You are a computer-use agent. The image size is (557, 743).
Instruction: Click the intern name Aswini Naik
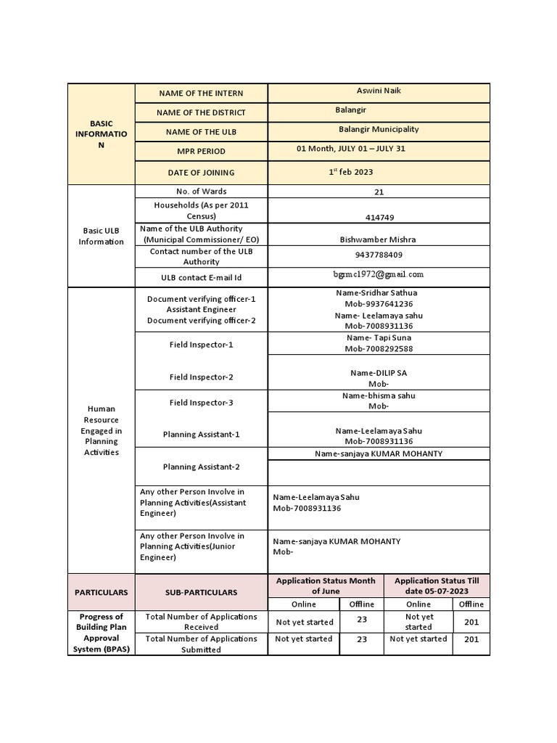click(379, 91)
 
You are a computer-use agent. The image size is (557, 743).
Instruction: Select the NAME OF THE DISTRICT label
click(201, 112)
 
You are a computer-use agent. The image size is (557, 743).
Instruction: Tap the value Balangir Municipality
click(379, 129)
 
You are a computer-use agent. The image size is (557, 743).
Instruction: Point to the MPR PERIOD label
click(201, 152)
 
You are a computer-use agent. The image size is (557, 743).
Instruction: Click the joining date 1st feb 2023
click(351, 172)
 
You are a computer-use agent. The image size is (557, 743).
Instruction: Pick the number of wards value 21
click(379, 192)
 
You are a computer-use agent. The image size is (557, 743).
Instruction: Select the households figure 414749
click(379, 218)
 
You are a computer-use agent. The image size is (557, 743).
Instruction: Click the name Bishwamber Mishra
click(378, 239)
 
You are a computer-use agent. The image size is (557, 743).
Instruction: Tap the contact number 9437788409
click(379, 255)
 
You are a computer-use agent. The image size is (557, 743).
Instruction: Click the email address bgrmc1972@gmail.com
click(379, 274)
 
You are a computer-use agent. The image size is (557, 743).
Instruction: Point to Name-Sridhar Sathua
click(376, 292)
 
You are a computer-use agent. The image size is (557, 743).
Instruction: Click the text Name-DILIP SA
click(379, 372)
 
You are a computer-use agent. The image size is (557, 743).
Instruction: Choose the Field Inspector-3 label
click(201, 403)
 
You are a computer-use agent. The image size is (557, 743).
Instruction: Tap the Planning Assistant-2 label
click(201, 467)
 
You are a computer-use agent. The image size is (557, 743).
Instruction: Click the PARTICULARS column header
click(101, 592)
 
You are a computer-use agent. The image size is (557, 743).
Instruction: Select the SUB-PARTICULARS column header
click(201, 592)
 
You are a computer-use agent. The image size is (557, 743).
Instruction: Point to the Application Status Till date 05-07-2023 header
click(437, 586)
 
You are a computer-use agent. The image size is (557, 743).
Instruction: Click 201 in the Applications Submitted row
click(471, 640)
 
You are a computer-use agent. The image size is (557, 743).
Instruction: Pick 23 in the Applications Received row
click(362, 620)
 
